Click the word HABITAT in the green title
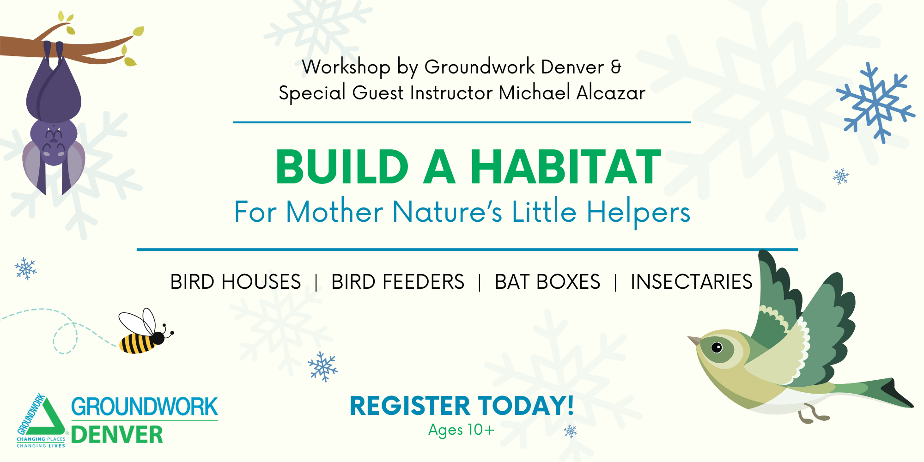pos(565,167)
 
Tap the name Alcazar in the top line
pos(611,93)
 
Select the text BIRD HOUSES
pos(236,282)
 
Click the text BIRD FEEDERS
pos(398,282)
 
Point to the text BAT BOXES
pos(547,282)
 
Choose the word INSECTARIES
pos(692,282)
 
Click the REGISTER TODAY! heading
pos(462,406)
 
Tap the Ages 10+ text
pos(461,430)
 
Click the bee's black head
pos(158,338)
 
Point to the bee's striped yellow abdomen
pos(136,344)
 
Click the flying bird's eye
pos(717,347)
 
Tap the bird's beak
pos(694,341)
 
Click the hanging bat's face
pos(54,141)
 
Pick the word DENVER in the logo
pos(117,435)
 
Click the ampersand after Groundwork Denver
pos(616,67)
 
